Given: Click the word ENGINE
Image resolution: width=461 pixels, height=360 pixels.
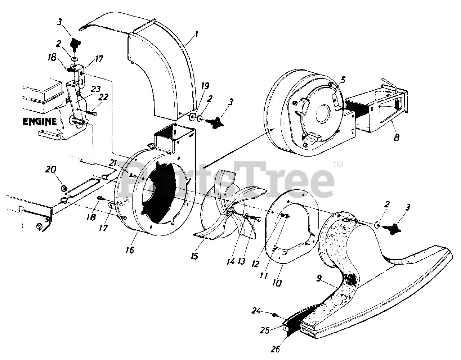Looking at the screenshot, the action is (40, 122).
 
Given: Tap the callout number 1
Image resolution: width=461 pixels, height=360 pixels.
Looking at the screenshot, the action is (197, 34).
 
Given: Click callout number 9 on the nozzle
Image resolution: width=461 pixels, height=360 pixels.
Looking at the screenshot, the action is (319, 278).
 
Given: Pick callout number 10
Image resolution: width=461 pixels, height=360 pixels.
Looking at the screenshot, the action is (277, 283).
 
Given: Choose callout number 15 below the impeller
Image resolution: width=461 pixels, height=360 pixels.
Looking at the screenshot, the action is (194, 256).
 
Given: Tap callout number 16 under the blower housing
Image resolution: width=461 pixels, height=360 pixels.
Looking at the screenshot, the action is (130, 250).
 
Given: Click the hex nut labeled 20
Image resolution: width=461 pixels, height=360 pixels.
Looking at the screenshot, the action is (64, 188).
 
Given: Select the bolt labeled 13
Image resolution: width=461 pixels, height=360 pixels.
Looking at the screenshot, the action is (256, 218).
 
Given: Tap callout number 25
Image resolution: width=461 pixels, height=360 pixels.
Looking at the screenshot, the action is (265, 330).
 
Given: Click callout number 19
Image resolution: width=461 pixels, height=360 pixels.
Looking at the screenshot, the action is (205, 86).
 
